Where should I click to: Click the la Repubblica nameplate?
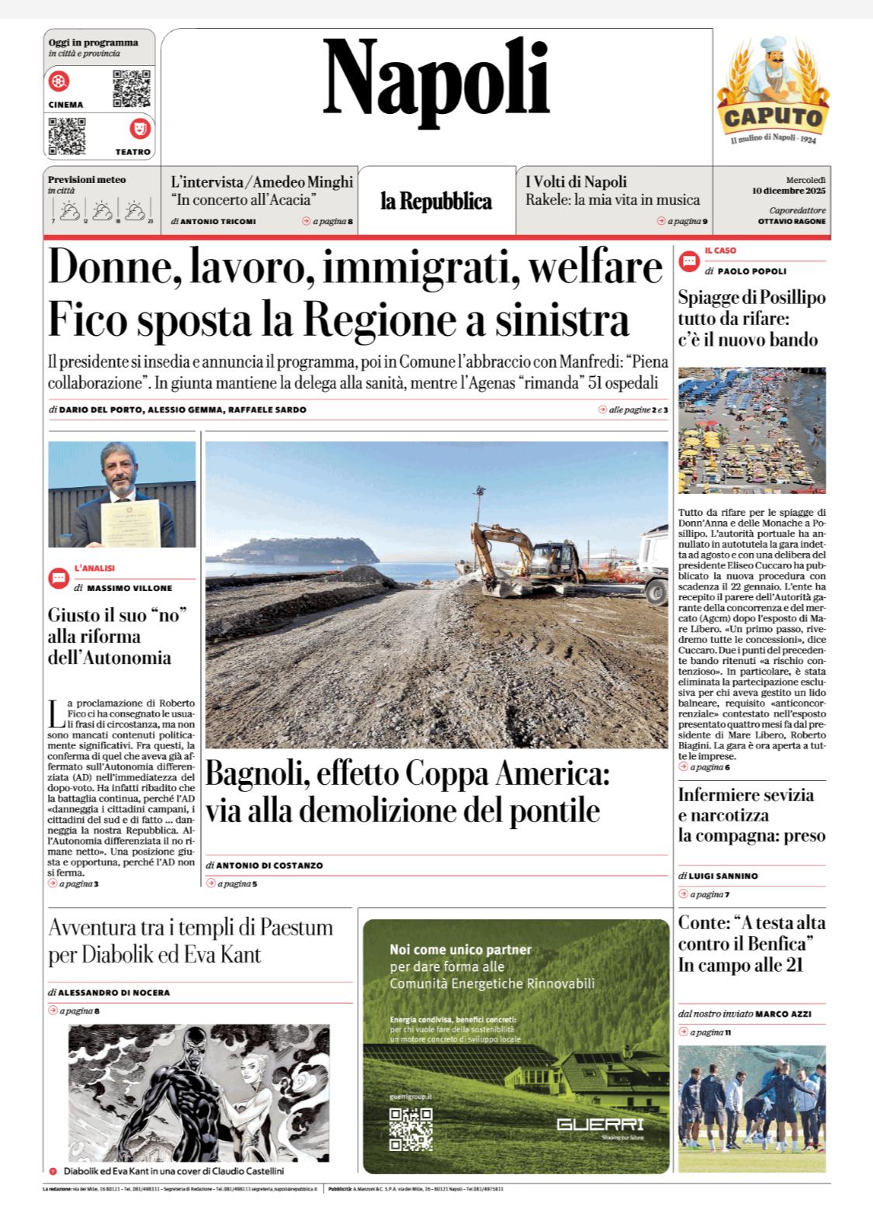point(436,202)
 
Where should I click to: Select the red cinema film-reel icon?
point(59,81)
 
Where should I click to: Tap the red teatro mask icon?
point(140,128)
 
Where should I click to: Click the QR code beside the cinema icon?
point(131,88)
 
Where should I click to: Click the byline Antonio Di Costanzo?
point(269,865)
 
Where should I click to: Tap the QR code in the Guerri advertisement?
point(411,1128)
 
